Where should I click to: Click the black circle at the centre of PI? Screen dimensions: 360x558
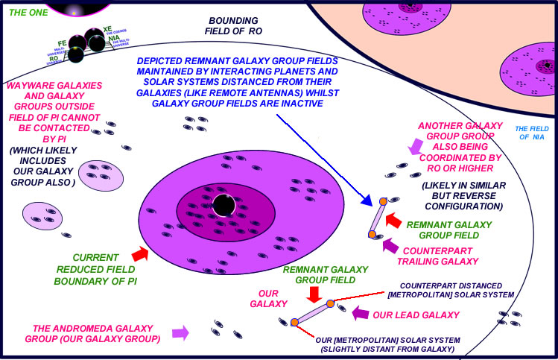click(221, 205)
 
